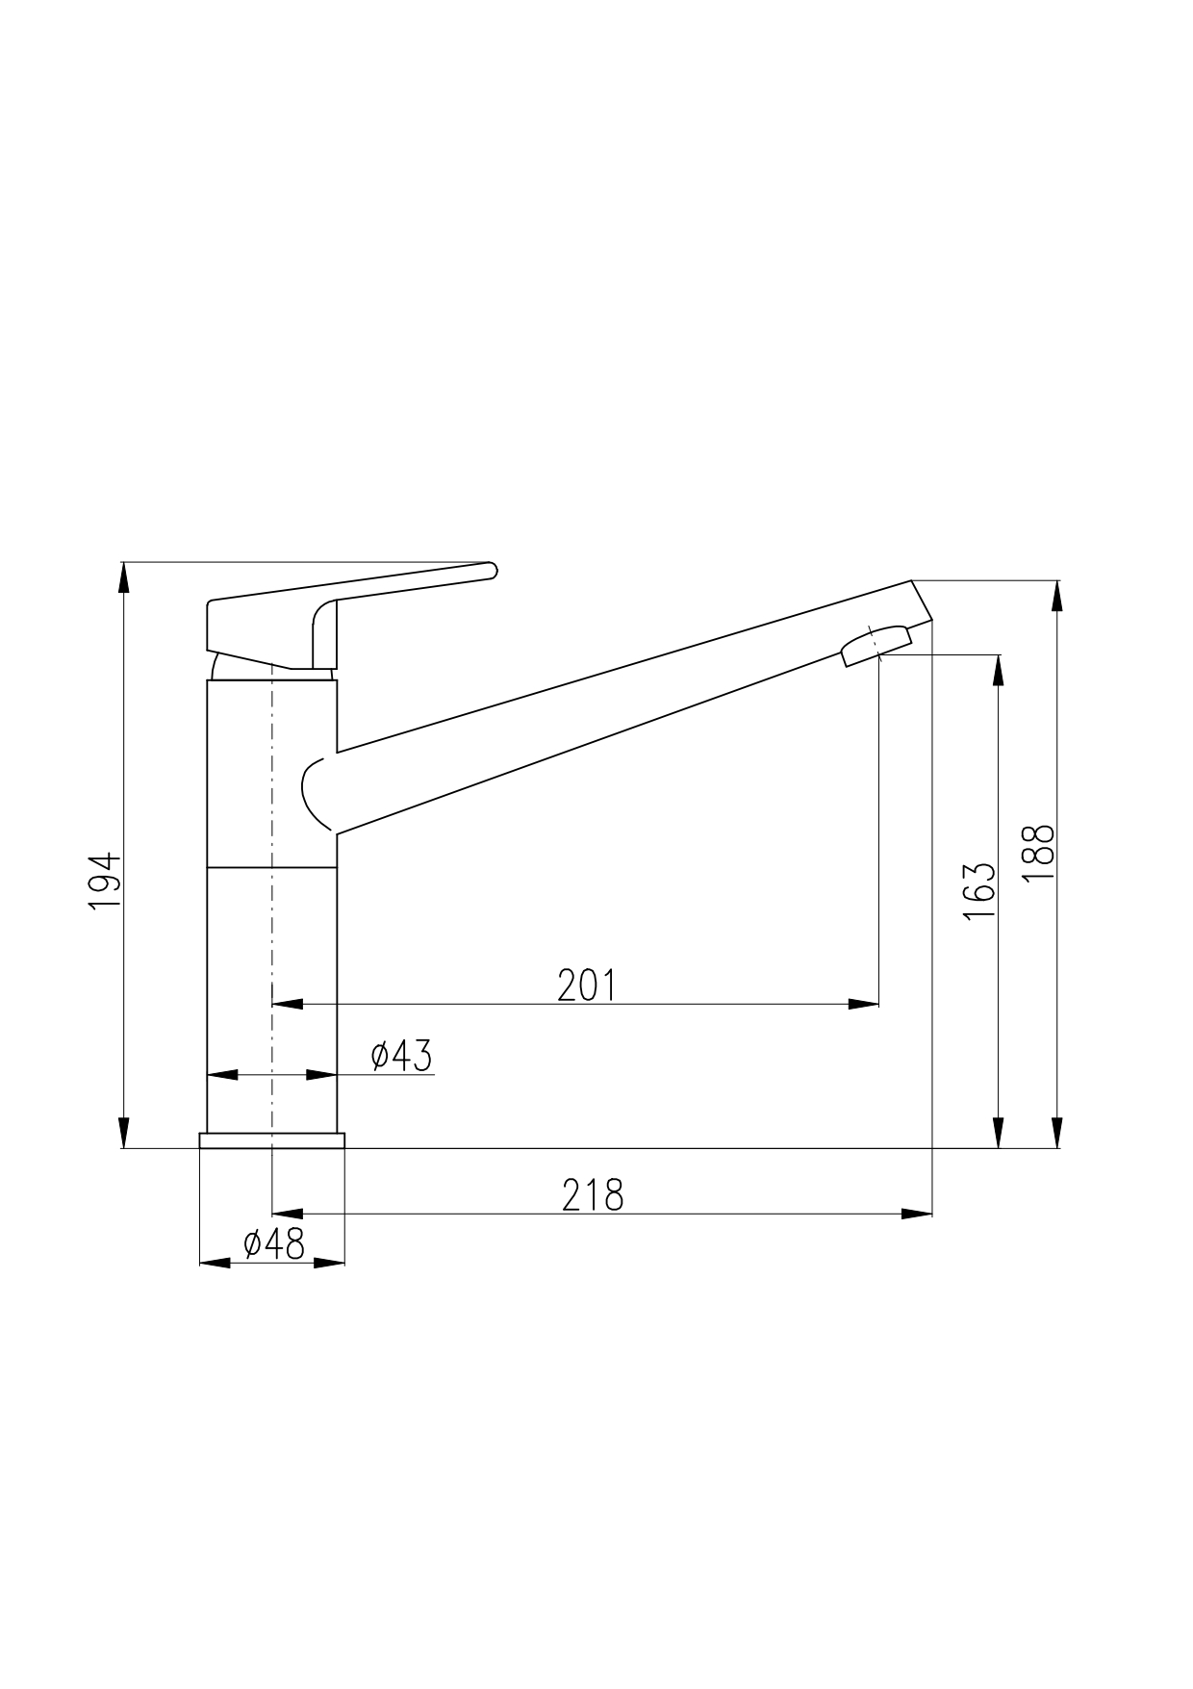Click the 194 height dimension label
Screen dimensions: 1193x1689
coord(104,882)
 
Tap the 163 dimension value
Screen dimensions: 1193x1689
coord(978,891)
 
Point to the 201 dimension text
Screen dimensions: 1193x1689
coord(586,985)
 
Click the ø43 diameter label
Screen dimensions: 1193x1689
coord(402,1056)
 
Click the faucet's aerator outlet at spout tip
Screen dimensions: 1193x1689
coord(876,645)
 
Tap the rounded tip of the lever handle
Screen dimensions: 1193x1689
coord(492,570)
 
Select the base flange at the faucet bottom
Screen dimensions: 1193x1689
coord(271,1140)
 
